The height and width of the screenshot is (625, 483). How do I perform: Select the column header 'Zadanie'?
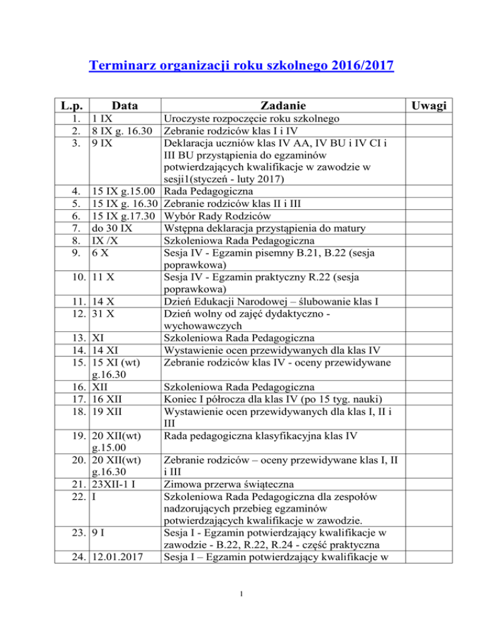click(280, 106)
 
